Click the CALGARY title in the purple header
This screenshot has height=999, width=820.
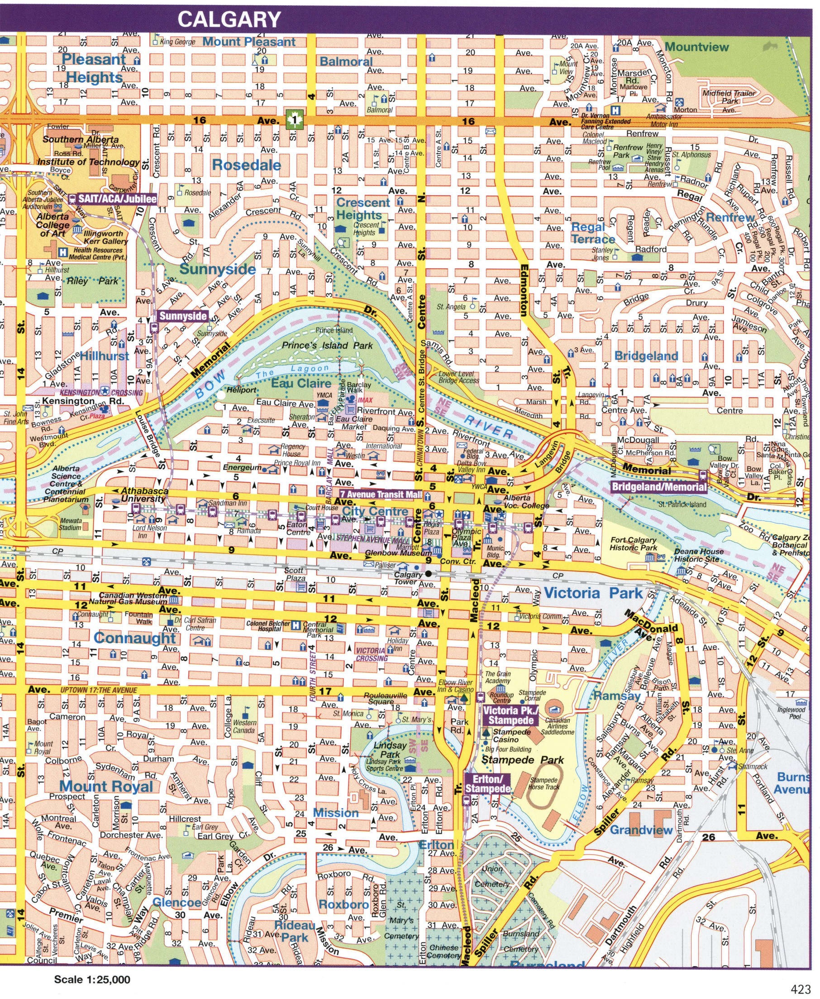pyautogui.click(x=229, y=19)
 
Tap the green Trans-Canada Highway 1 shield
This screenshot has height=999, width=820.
pyautogui.click(x=294, y=120)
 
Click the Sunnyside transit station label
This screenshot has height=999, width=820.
pyautogui.click(x=183, y=316)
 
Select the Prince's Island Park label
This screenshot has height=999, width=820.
pyautogui.click(x=327, y=346)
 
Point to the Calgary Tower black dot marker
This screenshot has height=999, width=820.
pyautogui.click(x=428, y=574)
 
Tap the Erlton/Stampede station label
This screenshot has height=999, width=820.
pyautogui.click(x=488, y=785)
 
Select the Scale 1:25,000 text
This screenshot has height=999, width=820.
pyautogui.click(x=92, y=980)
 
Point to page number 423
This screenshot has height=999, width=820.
pyautogui.click(x=801, y=989)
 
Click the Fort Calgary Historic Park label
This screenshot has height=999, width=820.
pyautogui.click(x=634, y=543)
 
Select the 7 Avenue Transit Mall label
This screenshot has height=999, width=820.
pyautogui.click(x=380, y=495)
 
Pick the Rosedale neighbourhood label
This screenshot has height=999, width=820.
pyautogui.click(x=246, y=165)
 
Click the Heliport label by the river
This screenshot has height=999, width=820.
pyautogui.click(x=241, y=390)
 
